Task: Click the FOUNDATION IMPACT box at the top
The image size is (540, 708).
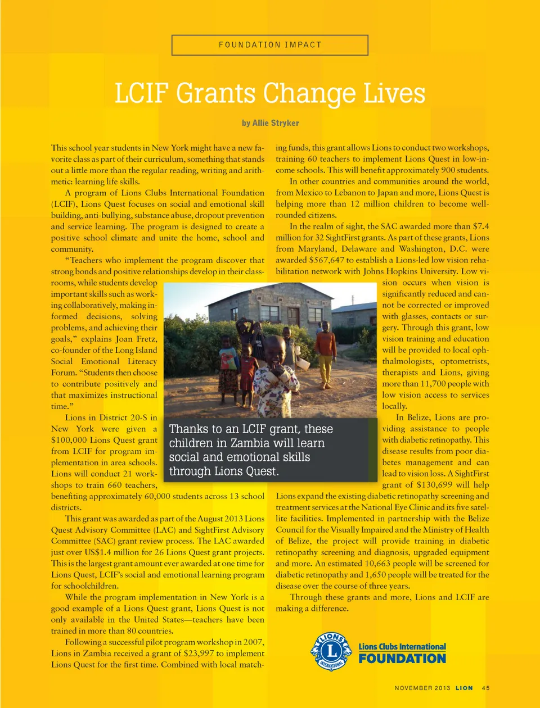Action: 270,45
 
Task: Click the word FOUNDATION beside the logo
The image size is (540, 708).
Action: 402,659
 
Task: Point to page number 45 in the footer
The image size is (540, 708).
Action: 486,688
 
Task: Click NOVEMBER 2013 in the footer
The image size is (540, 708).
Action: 422,688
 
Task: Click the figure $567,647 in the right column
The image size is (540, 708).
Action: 326,260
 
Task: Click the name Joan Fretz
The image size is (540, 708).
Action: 136,339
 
